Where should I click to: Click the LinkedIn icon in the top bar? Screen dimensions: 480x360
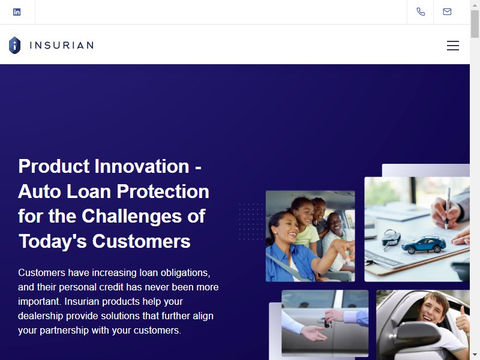point(17,12)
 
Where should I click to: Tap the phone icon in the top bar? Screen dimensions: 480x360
point(421,11)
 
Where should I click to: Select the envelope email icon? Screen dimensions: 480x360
point(447,11)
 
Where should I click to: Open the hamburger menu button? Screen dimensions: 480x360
point(453,46)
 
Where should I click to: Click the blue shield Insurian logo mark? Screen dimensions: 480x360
point(14,46)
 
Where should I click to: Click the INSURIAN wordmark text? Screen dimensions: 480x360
point(62,46)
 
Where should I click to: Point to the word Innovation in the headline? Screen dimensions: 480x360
point(142,166)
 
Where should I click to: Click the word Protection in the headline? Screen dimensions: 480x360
point(163,191)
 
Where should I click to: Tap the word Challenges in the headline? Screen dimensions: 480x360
point(132,216)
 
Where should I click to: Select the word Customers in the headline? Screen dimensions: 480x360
point(141,241)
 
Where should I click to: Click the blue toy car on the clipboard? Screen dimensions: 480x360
point(424,244)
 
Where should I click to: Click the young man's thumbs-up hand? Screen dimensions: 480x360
point(463,320)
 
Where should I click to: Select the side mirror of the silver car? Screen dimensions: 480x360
point(417,334)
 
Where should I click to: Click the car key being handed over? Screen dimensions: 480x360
point(326,322)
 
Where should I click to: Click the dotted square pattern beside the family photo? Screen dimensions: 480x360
point(251,221)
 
